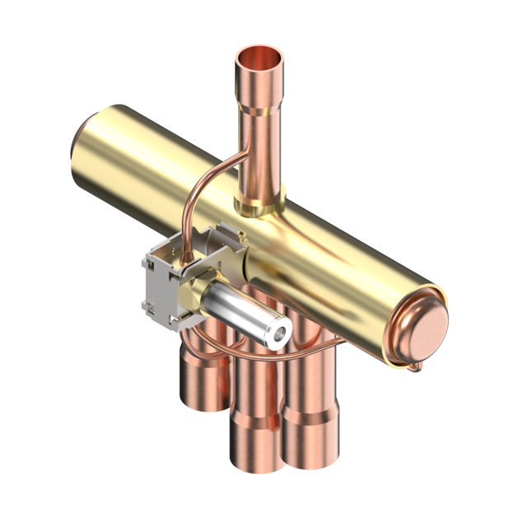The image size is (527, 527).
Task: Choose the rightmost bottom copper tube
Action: point(311,387)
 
